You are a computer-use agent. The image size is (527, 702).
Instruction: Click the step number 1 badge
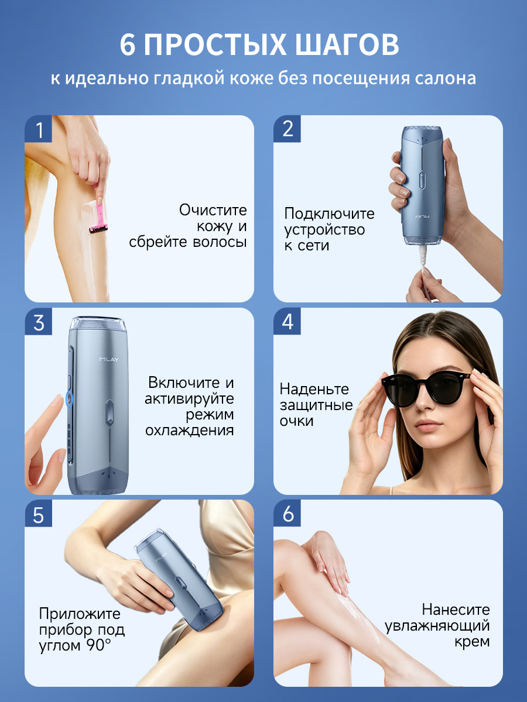[x=39, y=129]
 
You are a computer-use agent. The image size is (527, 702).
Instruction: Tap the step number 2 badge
[x=287, y=129]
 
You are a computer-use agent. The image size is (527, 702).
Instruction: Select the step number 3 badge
[x=39, y=321]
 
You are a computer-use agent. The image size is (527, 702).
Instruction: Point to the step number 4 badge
[x=287, y=321]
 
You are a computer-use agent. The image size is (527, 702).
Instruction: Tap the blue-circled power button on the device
[x=69, y=399]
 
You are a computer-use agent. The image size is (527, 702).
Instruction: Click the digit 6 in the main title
[x=128, y=45]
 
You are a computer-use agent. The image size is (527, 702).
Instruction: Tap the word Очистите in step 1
[x=213, y=210]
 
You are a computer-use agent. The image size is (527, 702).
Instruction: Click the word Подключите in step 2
[x=329, y=214]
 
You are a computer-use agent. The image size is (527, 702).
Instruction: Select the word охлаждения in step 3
[x=189, y=431]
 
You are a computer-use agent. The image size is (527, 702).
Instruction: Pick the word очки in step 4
[x=296, y=421]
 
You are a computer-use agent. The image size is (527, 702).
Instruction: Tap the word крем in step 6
[x=472, y=642]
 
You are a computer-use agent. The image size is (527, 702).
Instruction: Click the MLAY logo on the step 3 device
[x=109, y=359]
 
